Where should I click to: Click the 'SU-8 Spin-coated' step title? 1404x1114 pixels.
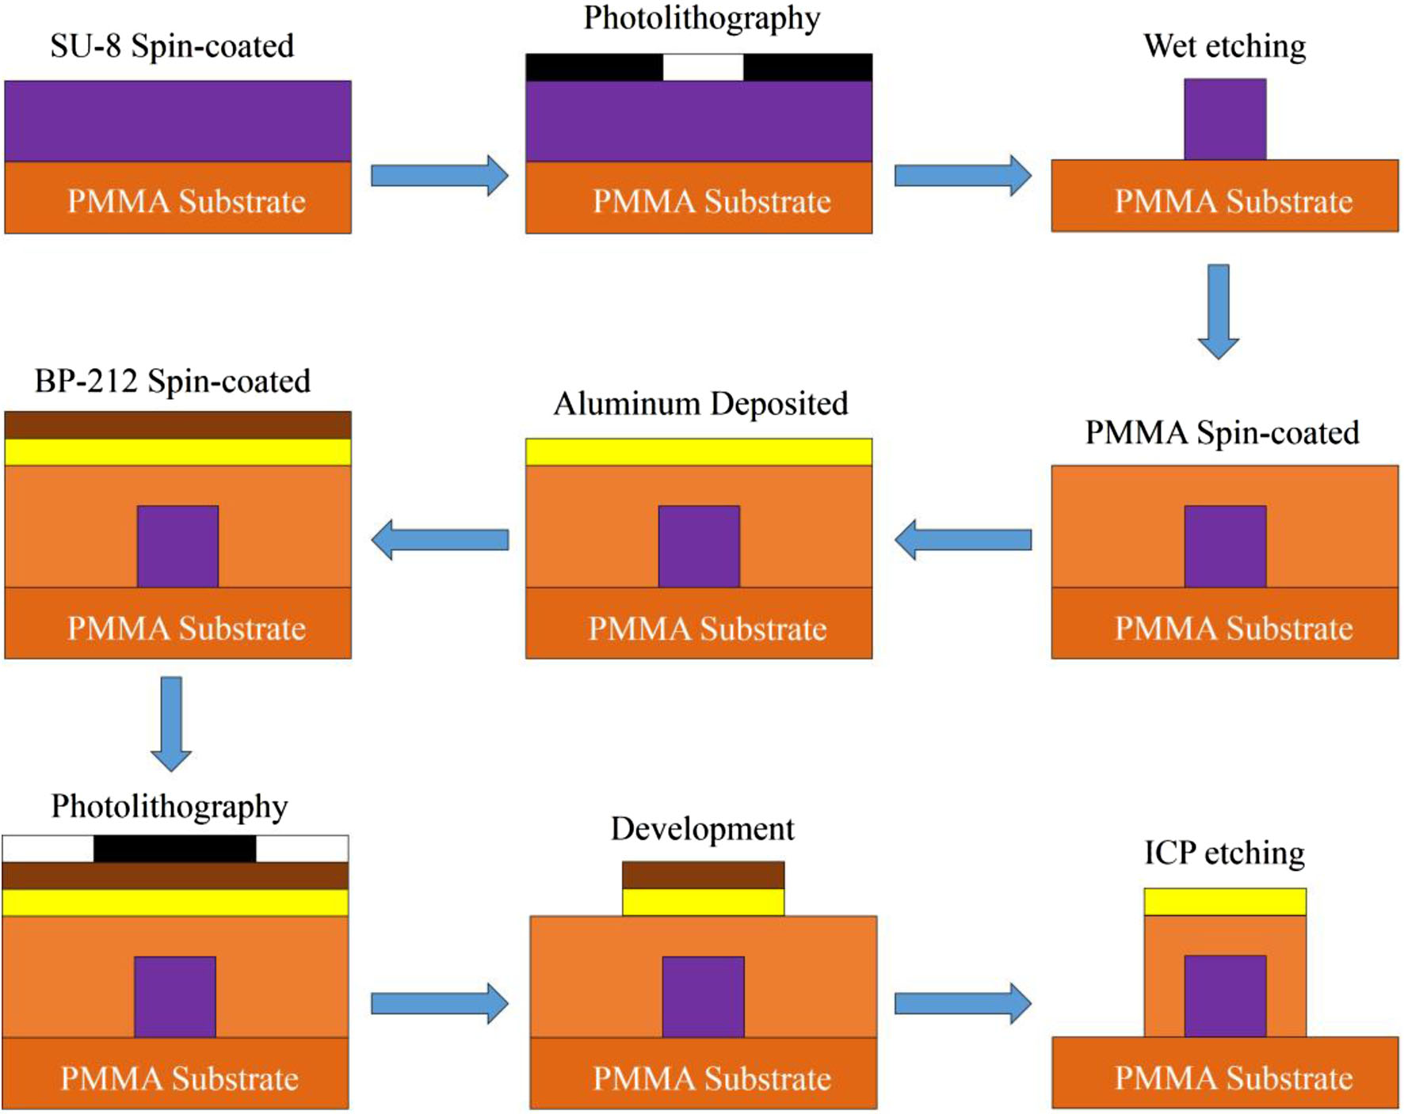pos(172,46)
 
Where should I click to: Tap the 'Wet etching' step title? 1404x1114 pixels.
pos(1224,46)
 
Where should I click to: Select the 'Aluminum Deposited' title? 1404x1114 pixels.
pos(700,404)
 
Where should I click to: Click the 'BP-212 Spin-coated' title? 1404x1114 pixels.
pos(172,382)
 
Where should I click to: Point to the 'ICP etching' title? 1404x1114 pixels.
pos(1224,854)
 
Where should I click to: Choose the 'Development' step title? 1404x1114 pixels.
pos(702,829)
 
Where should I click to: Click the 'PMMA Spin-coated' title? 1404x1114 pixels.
pos(1222,433)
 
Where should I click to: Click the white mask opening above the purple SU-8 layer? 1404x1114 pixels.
pos(703,67)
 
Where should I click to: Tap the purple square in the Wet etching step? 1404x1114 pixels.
pos(1225,120)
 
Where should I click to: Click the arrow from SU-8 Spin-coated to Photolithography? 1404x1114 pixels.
pos(440,176)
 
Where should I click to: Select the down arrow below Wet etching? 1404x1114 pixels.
pos(1218,311)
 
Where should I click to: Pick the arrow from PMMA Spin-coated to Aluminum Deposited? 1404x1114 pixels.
pos(963,540)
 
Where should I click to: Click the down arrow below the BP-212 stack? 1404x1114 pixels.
pos(171,723)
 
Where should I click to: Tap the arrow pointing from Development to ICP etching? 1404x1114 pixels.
pos(963,1004)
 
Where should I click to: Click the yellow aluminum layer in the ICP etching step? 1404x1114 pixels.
pos(1225,902)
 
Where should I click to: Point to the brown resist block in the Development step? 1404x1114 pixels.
pos(703,875)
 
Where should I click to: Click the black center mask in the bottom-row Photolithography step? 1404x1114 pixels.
pos(174,849)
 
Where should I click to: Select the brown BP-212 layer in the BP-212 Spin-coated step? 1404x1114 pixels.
pos(177,425)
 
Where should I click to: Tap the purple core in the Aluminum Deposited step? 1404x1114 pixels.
pos(699,546)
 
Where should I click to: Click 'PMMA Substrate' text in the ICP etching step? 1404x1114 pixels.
pos(1233,1078)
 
